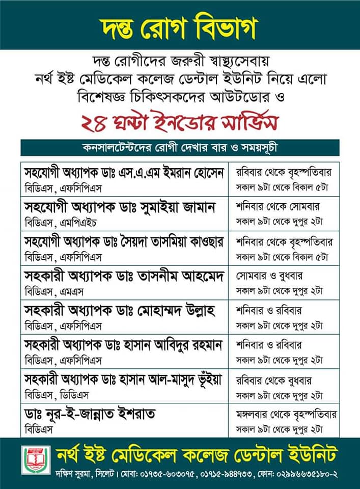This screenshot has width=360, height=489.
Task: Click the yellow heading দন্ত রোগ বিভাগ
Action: (x=180, y=25)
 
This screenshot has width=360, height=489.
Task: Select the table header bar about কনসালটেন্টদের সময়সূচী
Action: (x=180, y=148)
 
